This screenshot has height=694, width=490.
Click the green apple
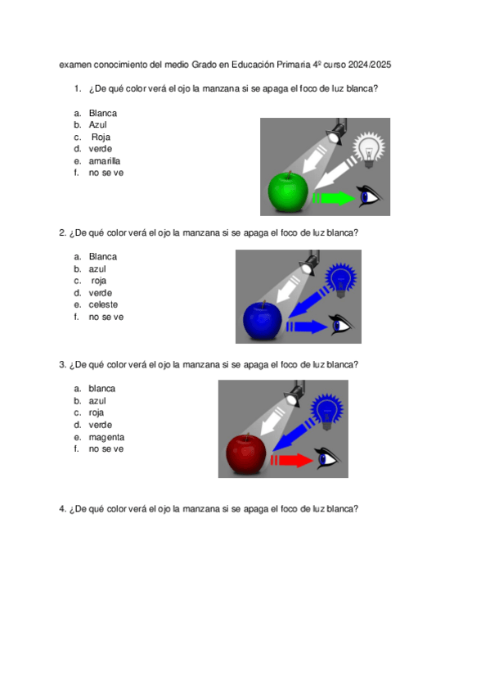(288, 192)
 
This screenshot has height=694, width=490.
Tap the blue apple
(263, 321)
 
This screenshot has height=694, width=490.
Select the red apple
(246, 453)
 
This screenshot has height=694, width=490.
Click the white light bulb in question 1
(369, 150)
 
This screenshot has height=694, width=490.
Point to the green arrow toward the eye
(334, 197)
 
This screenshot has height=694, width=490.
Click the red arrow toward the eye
(292, 460)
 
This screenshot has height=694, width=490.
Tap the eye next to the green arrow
(370, 196)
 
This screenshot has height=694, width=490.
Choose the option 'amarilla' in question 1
(105, 161)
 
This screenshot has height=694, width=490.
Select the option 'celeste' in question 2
(103, 304)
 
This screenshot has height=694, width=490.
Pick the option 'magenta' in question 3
(106, 437)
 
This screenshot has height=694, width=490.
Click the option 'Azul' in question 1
(97, 125)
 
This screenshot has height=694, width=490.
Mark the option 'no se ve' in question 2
(106, 317)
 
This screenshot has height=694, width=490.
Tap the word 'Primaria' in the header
(294, 65)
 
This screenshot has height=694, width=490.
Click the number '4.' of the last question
(63, 509)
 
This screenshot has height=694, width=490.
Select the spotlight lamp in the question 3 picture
(294, 392)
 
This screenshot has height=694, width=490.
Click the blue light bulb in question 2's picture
(340, 280)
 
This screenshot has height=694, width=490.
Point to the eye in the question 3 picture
(328, 458)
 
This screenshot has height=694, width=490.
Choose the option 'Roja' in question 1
(101, 137)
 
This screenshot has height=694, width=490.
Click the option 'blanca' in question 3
(101, 389)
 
